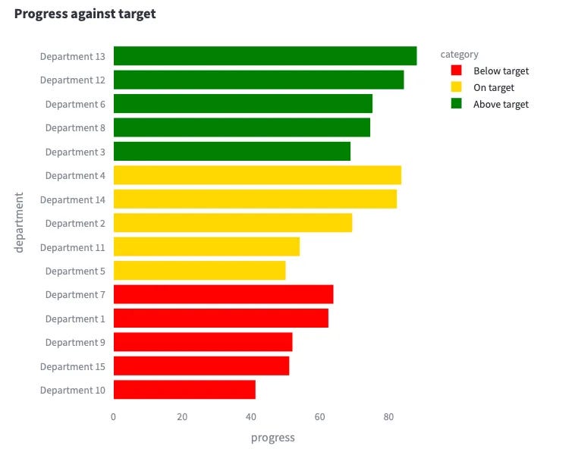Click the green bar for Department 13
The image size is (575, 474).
click(265, 56)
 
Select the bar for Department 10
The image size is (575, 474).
click(184, 390)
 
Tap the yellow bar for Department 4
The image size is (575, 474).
click(257, 175)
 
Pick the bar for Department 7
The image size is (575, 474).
click(223, 294)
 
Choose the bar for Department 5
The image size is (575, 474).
click(200, 271)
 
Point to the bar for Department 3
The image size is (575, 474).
click(232, 152)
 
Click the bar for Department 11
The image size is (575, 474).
click(206, 247)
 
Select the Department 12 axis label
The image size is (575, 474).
click(73, 80)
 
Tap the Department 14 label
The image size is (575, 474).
click(73, 199)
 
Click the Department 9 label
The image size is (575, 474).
click(75, 342)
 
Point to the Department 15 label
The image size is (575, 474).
click(73, 366)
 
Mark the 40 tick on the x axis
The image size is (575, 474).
click(251, 416)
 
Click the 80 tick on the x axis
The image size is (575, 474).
click(388, 416)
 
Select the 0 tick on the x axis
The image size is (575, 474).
click(114, 416)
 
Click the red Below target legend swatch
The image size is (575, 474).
click(457, 71)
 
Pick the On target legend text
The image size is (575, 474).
click(494, 87)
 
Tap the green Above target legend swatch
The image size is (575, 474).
click(457, 104)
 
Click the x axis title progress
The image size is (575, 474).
click(272, 438)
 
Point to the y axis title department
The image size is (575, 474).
click(20, 222)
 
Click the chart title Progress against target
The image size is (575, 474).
click(85, 14)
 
